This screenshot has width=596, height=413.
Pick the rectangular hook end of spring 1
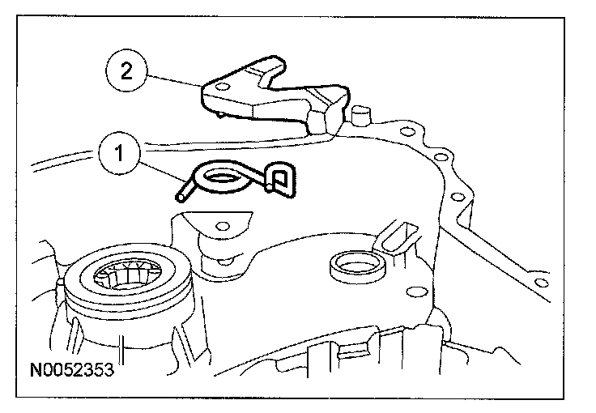[279, 180]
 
